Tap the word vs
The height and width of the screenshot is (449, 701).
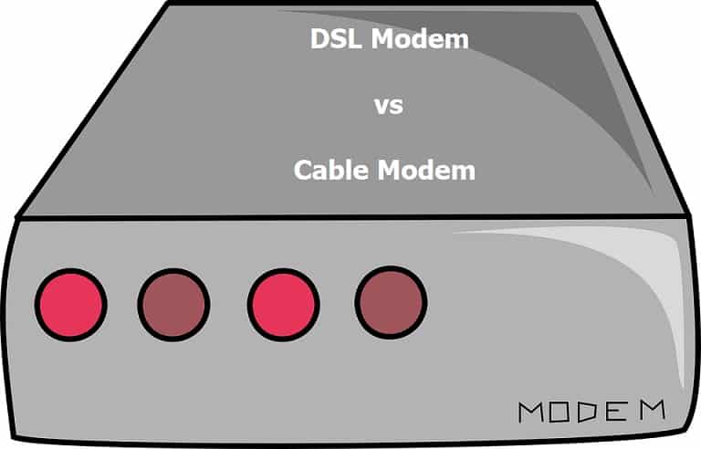pos(388,105)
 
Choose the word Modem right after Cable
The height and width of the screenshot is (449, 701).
pos(429,170)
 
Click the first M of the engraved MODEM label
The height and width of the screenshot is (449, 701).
pos(533,412)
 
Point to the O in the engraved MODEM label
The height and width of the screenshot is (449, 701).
pos(567,412)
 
